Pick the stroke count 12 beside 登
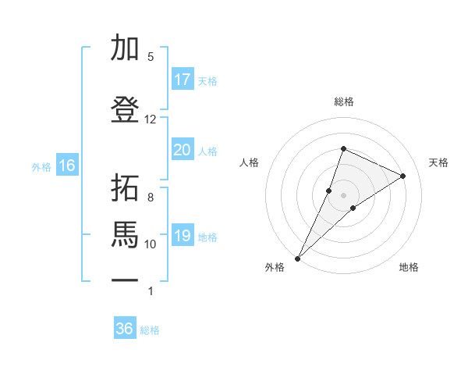151,119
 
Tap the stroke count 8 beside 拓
151,197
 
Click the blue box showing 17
182,80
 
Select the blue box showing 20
182,150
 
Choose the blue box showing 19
182,236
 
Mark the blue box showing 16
67,166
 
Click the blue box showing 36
125,329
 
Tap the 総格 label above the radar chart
344,102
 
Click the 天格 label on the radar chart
438,162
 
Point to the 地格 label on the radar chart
409,267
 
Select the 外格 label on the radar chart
275,267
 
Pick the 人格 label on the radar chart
249,162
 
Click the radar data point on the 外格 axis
298,258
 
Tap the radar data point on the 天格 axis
403,176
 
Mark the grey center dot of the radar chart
344,194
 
